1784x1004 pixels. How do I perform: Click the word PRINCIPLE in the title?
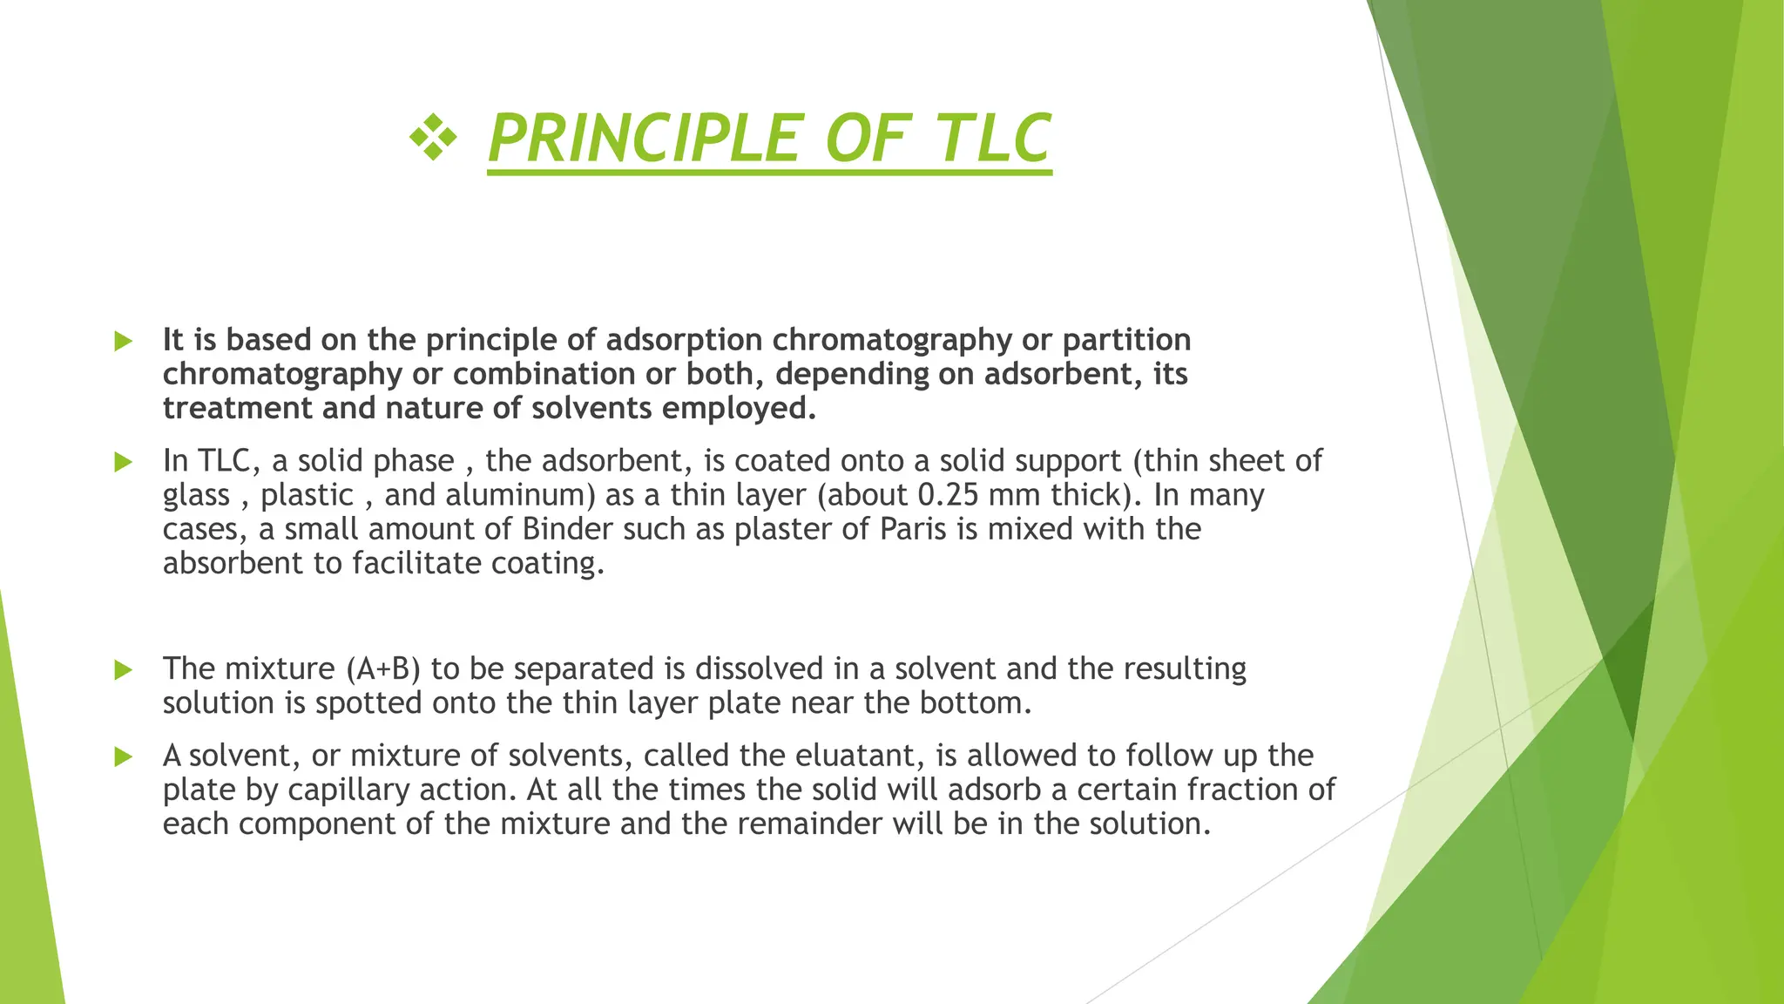(643, 138)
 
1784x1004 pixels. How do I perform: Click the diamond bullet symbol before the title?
(433, 139)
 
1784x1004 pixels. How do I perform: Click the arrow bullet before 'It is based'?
(124, 341)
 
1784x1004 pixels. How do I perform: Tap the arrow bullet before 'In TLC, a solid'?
(124, 462)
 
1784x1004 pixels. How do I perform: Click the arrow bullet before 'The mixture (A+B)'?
(124, 670)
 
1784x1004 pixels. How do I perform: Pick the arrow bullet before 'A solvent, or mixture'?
(124, 756)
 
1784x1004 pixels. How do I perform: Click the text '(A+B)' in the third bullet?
(383, 669)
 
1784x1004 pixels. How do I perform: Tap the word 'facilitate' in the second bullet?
(416, 563)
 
